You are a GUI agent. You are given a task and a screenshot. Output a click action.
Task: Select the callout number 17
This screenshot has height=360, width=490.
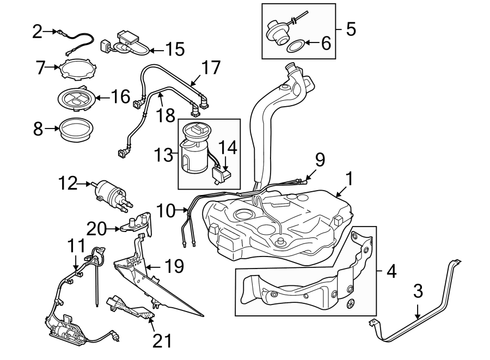point(211,68)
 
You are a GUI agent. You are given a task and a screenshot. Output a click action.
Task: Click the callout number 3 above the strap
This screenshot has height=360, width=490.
point(418,291)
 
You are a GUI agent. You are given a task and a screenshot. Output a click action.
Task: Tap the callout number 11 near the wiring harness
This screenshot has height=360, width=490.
point(77,246)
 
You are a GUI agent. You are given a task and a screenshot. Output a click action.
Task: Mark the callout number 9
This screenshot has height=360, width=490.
point(320,159)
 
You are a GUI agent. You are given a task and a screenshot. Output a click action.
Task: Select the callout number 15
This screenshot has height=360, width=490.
point(174,49)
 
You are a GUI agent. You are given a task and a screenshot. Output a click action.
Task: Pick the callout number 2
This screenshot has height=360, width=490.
point(37,32)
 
